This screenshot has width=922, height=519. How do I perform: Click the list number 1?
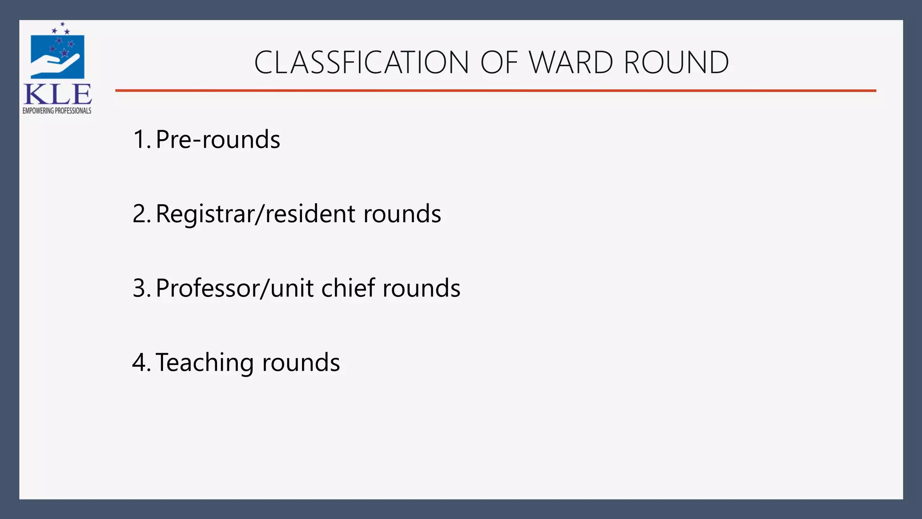141,139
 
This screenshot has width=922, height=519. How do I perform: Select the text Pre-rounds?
218,139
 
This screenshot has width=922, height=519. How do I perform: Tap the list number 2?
141,214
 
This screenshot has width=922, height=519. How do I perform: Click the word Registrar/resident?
255,214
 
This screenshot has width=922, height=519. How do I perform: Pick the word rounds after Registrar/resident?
402,214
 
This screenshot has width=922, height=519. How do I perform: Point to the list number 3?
141,288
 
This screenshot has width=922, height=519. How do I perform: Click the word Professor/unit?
234,288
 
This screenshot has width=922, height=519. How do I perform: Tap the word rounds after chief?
421,288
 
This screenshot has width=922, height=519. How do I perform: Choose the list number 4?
141,362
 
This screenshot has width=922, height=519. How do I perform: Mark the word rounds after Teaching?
301,362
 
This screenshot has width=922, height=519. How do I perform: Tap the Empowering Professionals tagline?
57,111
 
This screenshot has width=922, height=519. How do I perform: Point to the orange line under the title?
495,91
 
